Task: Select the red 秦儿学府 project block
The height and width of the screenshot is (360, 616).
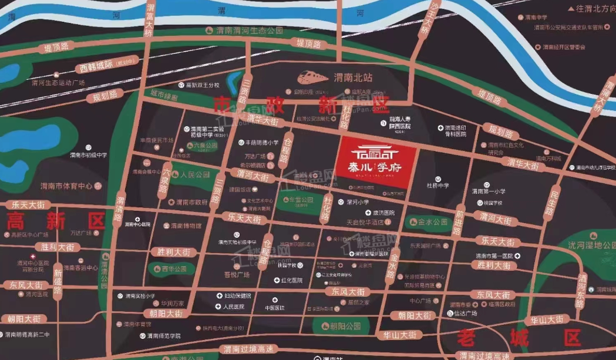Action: [376, 165]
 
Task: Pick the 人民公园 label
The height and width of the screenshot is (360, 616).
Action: [195, 175]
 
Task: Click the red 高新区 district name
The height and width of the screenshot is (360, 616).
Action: [55, 221]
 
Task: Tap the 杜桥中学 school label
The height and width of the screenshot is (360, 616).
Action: [437, 186]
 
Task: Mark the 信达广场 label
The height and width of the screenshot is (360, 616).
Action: [465, 313]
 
